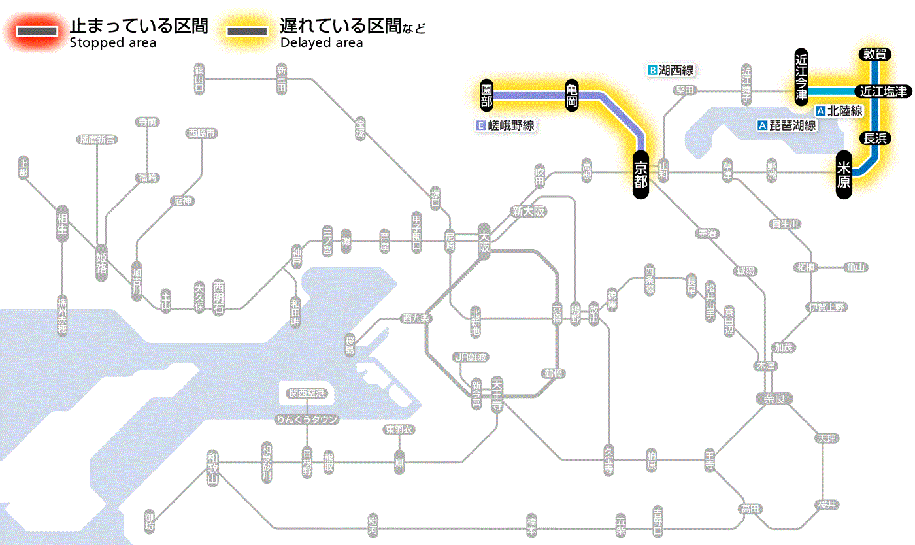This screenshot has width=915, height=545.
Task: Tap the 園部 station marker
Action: tap(486, 95)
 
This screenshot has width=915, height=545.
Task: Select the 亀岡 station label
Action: tap(572, 95)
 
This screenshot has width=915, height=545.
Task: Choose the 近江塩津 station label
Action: tap(882, 91)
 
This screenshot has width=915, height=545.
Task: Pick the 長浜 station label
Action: tap(874, 138)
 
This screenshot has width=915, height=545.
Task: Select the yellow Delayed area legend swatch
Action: tap(246, 31)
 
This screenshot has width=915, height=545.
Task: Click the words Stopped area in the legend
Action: tap(113, 43)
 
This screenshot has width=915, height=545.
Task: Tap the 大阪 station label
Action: tap(484, 242)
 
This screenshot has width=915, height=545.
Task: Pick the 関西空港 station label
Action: tap(307, 393)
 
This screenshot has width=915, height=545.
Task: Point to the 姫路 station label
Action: tap(101, 263)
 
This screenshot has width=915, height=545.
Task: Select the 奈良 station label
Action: tap(773, 398)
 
